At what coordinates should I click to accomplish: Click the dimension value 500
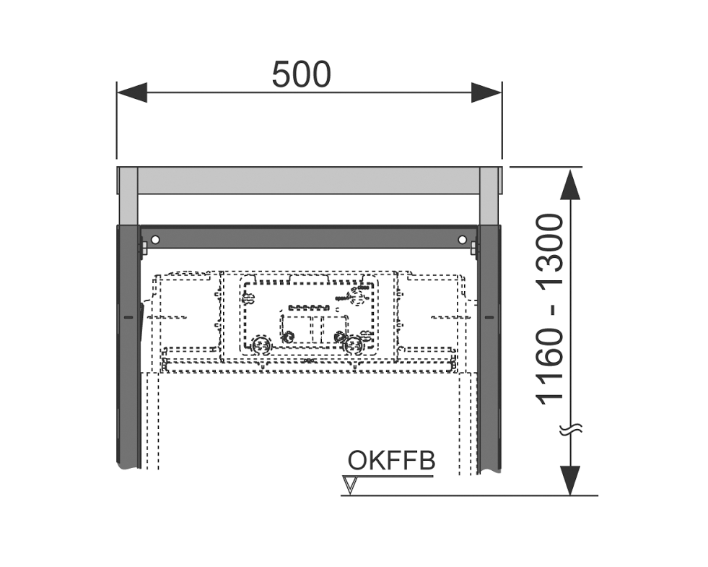point(301,74)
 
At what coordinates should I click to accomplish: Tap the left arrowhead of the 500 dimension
point(132,92)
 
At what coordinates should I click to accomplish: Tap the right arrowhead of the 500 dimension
point(486,92)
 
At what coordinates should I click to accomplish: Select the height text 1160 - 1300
point(550,309)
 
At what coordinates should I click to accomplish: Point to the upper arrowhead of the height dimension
point(570,184)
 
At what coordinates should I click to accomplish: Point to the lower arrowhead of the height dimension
point(570,481)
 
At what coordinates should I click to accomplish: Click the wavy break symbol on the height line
point(570,429)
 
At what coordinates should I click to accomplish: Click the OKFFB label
point(391,461)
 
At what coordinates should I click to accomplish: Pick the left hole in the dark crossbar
point(155,239)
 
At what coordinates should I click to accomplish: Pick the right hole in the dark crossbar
point(462,239)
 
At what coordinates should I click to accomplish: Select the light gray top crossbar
point(309,181)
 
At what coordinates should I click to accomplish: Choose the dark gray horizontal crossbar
point(309,237)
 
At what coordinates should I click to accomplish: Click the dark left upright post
point(128,347)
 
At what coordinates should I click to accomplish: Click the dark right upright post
point(489,347)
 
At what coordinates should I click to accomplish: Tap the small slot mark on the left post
point(128,318)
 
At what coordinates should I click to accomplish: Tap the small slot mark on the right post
point(489,318)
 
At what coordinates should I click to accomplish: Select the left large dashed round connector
point(261,346)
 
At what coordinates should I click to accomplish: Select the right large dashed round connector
point(353,346)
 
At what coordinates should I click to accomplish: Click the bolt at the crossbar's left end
point(144,248)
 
